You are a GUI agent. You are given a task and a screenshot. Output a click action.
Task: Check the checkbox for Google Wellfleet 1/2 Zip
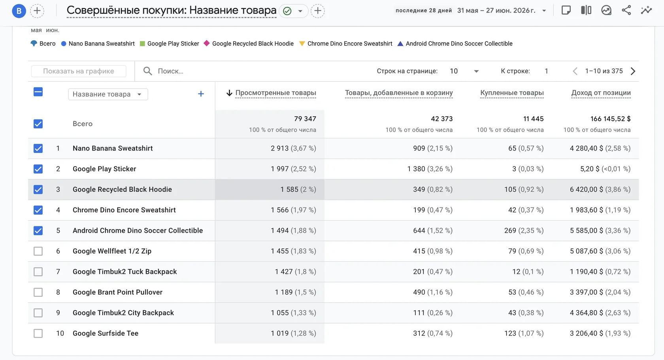pyautogui.click(x=38, y=251)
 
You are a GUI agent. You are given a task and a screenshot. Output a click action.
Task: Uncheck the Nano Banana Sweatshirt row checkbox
pyautogui.click(x=38, y=148)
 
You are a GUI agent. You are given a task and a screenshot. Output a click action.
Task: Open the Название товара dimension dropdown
pyautogui.click(x=108, y=94)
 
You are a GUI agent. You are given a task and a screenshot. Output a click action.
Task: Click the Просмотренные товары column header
pyautogui.click(x=275, y=93)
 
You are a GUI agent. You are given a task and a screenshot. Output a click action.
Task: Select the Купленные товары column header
pyautogui.click(x=511, y=93)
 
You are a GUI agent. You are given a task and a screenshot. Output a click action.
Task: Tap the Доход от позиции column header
pyautogui.click(x=601, y=93)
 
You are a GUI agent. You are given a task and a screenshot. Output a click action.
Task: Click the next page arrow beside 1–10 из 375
pyautogui.click(x=633, y=71)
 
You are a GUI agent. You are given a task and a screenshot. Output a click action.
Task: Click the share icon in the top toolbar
pyautogui.click(x=626, y=10)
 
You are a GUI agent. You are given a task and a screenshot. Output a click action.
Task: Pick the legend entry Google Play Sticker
pyautogui.click(x=169, y=43)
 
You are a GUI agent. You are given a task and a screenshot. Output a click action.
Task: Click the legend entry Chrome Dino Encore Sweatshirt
pyautogui.click(x=345, y=43)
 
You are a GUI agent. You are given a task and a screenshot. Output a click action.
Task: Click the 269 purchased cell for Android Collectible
pyautogui.click(x=510, y=230)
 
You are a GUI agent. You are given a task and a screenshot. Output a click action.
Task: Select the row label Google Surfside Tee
pyautogui.click(x=106, y=334)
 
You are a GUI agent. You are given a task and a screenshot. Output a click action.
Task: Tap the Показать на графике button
pyautogui.click(x=79, y=71)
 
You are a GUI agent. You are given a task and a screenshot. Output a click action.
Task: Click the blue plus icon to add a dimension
pyautogui.click(x=201, y=94)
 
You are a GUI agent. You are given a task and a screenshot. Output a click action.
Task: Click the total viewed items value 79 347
pyautogui.click(x=305, y=119)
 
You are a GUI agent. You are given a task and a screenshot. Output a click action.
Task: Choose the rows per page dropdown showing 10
pyautogui.click(x=464, y=71)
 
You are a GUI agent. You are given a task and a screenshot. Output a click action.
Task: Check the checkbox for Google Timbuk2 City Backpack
pyautogui.click(x=38, y=313)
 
